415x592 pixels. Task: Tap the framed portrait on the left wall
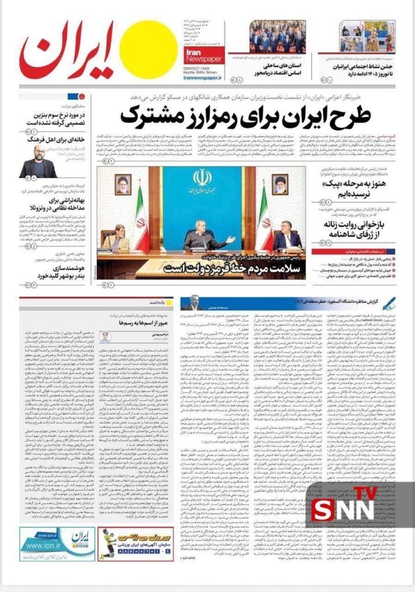click(123, 184)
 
